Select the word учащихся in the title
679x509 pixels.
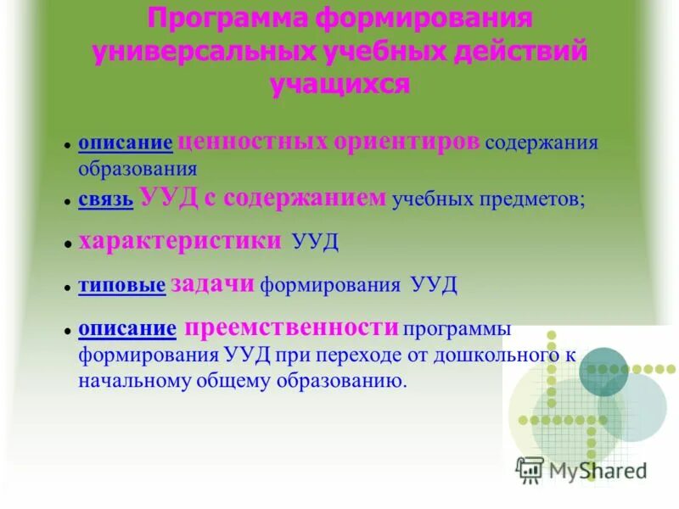339,83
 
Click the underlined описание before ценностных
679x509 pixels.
126,143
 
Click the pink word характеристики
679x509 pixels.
180,241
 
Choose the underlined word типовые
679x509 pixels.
121,286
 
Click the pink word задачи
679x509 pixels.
212,284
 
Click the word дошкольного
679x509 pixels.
507,355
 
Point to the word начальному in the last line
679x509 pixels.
129,381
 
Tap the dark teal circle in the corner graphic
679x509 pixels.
603,372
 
